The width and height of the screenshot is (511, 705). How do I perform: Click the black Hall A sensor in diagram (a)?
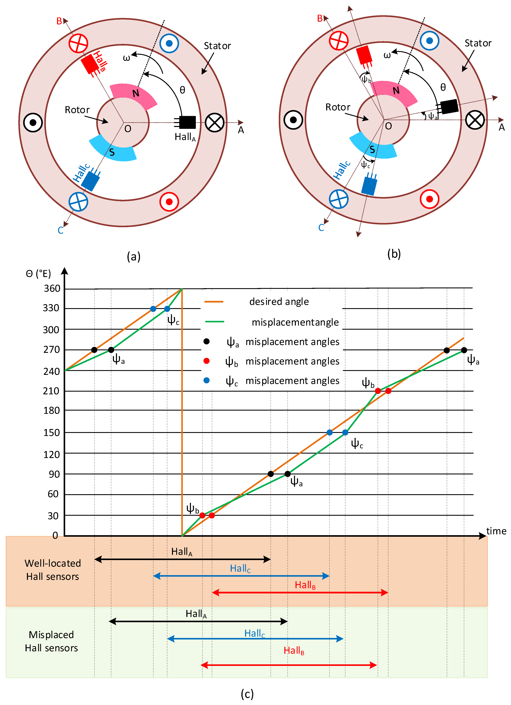tap(187, 122)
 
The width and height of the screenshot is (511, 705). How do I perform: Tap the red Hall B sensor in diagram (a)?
tap(90, 64)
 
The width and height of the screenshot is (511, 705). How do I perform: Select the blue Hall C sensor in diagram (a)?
tap(90, 181)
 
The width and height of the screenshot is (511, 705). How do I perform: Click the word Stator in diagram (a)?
tap(217, 46)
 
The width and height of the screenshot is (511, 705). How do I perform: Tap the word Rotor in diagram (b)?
tap(338, 107)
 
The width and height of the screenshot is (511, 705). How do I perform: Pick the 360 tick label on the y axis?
tap(52, 289)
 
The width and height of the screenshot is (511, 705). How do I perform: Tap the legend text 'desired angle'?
tap(279, 302)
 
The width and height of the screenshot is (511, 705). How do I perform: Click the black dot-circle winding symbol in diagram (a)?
tap(33, 122)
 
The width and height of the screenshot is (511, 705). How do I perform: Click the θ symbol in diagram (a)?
tap(182, 90)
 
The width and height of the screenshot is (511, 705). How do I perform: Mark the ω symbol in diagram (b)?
tap(387, 55)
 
